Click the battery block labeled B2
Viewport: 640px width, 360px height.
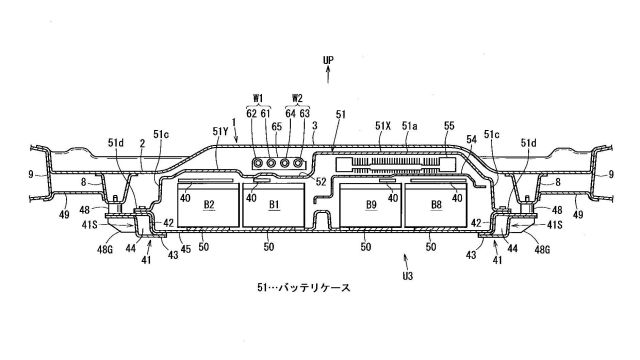pos(208,204)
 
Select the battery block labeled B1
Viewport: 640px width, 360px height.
pos(273,204)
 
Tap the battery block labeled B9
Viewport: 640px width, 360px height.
pos(371,204)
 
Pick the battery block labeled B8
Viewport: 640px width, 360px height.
pos(436,204)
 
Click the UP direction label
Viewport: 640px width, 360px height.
pos(328,60)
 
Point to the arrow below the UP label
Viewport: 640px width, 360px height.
pos(328,76)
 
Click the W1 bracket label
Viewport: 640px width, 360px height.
pos(258,98)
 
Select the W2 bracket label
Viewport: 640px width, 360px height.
pos(297,98)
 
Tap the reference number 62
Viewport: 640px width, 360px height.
pos(251,113)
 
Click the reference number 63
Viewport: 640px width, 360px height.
pos(304,113)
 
